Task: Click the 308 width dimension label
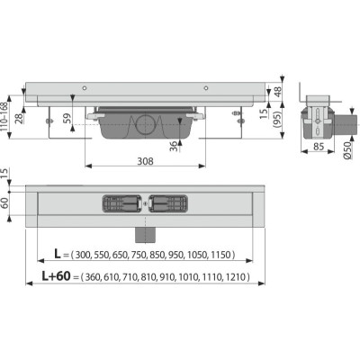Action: click(x=145, y=161)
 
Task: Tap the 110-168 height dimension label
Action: click(x=4, y=117)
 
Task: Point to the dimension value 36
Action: click(x=174, y=147)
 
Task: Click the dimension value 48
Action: click(x=278, y=92)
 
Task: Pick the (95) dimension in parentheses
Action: click(x=278, y=120)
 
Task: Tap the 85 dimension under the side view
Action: click(x=319, y=147)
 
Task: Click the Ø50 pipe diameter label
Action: click(x=347, y=149)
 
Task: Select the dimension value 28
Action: click(x=20, y=119)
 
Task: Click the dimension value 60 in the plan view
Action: click(x=4, y=204)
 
